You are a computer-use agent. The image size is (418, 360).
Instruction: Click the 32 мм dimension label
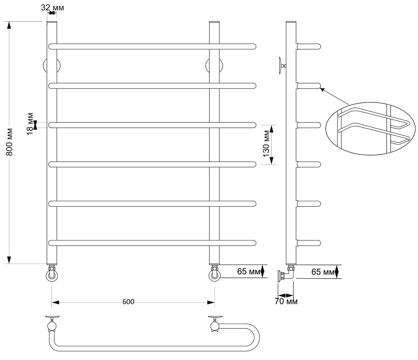[x=53, y=8]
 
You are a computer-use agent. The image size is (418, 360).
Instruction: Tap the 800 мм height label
[x=9, y=142]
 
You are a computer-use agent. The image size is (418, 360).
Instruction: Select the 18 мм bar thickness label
[x=30, y=123]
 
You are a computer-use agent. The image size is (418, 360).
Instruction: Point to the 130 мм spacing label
[x=266, y=144]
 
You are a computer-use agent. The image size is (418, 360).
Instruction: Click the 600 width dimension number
[x=129, y=302]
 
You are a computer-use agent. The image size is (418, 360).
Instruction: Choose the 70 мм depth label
[x=286, y=301]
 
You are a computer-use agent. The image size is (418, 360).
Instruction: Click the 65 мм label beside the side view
[x=323, y=272]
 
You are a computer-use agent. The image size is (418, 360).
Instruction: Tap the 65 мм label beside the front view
[x=249, y=271]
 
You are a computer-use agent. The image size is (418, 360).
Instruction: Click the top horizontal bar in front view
[x=152, y=46]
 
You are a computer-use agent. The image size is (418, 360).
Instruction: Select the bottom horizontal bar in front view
[x=152, y=243]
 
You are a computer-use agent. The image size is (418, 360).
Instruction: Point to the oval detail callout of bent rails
[x=370, y=129]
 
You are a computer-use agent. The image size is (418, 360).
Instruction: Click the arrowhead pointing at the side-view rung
[x=322, y=89]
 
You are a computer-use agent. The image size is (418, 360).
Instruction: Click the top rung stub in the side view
[x=309, y=46]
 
